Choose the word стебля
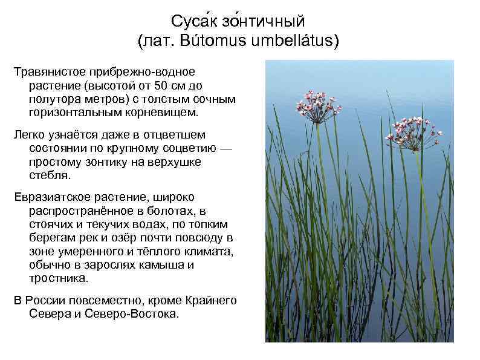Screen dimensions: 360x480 click(x=50, y=176)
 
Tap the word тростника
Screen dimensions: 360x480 click(x=58, y=279)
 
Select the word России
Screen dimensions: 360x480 click(x=47, y=301)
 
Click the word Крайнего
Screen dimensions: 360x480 click(x=210, y=301)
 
